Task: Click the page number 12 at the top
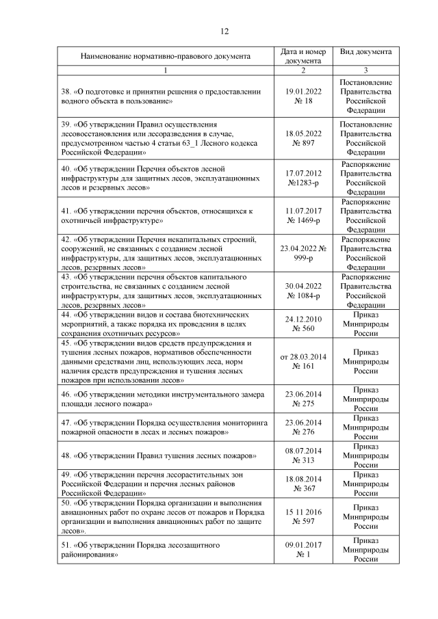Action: pyautogui.click(x=224, y=31)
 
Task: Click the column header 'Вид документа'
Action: pyautogui.click(x=365, y=52)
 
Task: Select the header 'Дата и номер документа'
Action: pyautogui.click(x=302, y=56)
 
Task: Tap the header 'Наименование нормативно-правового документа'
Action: pyautogui.click(x=165, y=56)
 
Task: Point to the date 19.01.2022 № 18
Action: pyautogui.click(x=302, y=96)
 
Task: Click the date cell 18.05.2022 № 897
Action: pyautogui.click(x=302, y=138)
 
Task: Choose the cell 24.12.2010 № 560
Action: pyautogui.click(x=302, y=324)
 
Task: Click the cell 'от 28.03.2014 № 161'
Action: pyautogui.click(x=302, y=361)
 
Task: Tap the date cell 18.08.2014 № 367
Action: pyautogui.click(x=302, y=483)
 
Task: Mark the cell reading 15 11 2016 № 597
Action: pyautogui.click(x=302, y=516)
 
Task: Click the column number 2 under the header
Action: pyautogui.click(x=302, y=70)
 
